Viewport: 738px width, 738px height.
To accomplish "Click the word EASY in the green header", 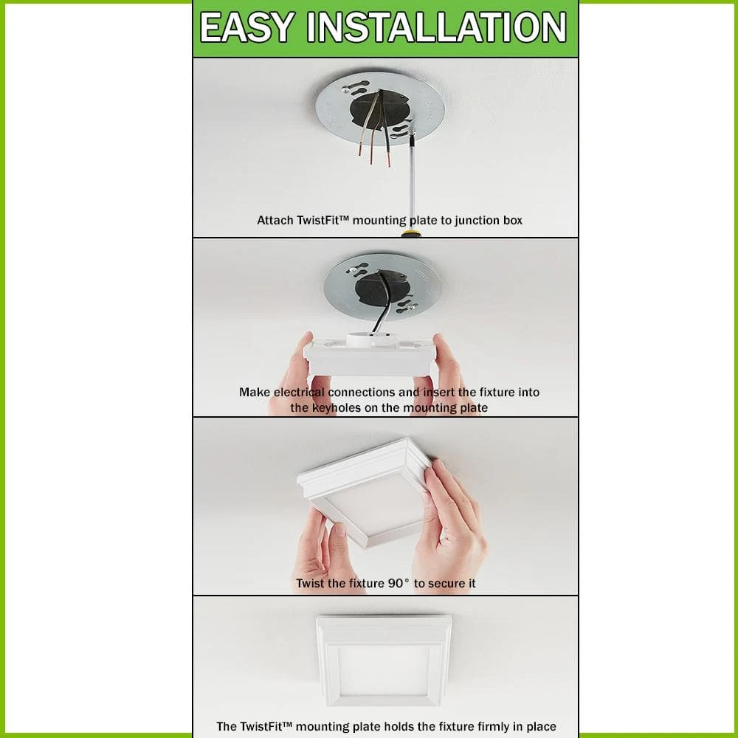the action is pos(247,27).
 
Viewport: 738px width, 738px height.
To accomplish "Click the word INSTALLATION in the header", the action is pos(436,27).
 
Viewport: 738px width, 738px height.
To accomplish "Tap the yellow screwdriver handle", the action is pos(411,233).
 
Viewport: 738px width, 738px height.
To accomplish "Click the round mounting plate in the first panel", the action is pos(380,108).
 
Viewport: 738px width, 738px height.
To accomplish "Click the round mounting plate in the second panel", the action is pos(382,286).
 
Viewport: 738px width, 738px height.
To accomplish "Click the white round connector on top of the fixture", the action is pos(371,339).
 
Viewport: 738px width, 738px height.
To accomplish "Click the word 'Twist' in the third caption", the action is pos(310,583).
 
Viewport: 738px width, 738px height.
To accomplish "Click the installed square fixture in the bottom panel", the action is pos(384,661).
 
